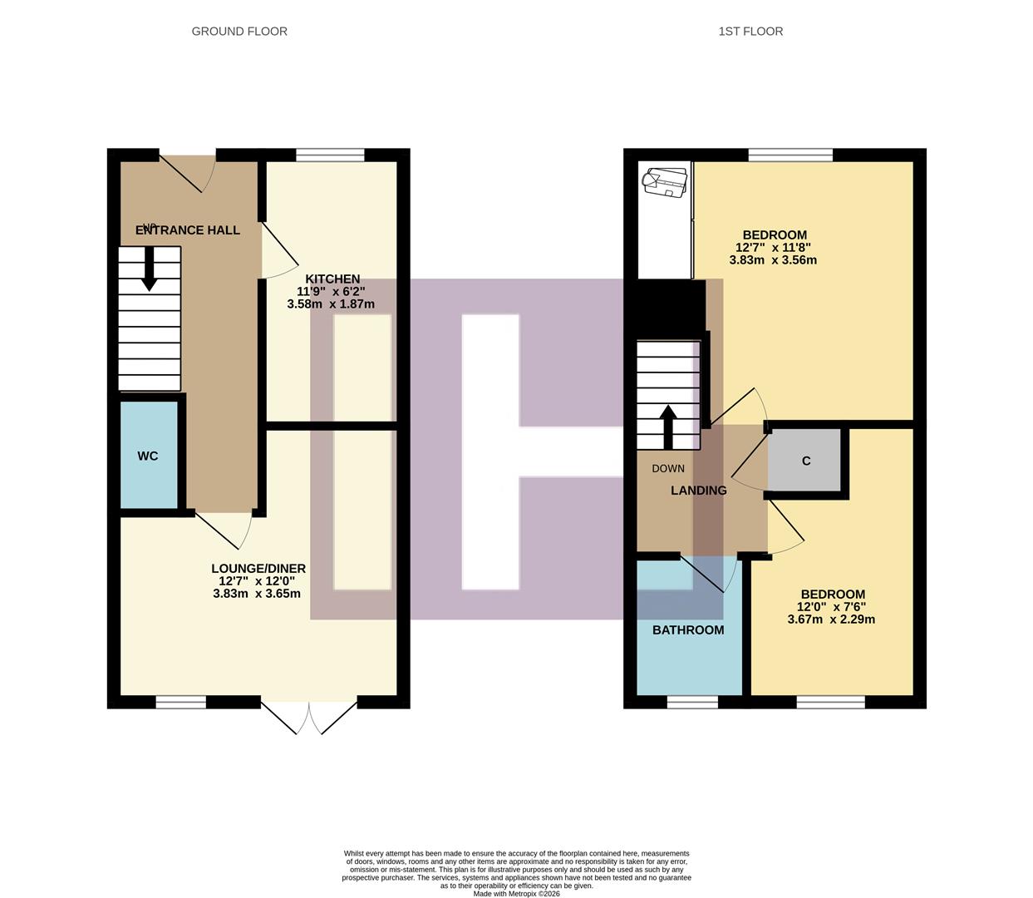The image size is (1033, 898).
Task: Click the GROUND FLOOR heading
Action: pos(239,32)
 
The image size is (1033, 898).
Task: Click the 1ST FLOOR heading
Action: pos(750,32)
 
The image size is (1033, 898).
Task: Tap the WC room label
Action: pos(148,456)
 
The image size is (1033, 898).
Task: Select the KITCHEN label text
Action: pos(332,279)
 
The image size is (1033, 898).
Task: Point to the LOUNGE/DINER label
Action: pos(258,569)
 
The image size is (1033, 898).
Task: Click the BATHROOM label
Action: pos(688,630)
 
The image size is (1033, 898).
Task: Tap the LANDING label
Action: pos(699,491)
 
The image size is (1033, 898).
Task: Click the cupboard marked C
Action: pos(806,461)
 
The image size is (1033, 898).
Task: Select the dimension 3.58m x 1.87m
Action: pos(331,304)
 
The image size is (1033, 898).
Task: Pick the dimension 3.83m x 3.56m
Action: pos(773,260)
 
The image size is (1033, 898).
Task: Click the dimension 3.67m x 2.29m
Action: pos(831,619)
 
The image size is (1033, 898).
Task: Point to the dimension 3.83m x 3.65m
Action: pos(257,594)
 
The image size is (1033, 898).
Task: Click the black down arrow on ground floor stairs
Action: pos(150,270)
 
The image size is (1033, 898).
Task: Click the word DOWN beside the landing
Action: pos(668,469)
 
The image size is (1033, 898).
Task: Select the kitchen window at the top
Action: pos(330,155)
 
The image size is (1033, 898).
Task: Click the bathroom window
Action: pos(692,702)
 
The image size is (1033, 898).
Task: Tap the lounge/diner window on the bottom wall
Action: pos(180,702)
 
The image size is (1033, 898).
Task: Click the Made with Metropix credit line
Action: pos(517,894)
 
